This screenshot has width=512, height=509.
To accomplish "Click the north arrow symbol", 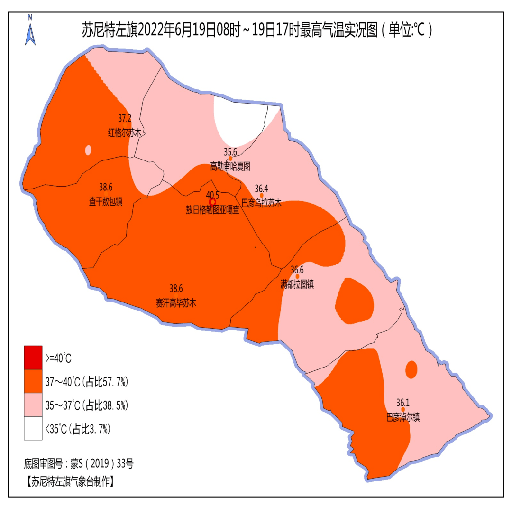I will pyautogui.click(x=30, y=30).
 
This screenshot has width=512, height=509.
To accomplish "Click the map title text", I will pyautogui.click(x=256, y=31).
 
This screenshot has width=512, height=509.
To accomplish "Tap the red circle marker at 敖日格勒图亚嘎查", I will pyautogui.click(x=213, y=202).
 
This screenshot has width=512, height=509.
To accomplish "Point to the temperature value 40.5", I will pyautogui.click(x=213, y=194).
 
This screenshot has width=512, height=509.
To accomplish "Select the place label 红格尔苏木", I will pyautogui.click(x=125, y=133).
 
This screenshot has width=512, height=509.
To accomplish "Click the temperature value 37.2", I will pyautogui.click(x=124, y=118).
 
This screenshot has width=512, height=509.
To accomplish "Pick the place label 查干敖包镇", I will pyautogui.click(x=105, y=202).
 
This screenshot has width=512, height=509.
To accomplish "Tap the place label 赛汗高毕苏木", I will pyautogui.click(x=176, y=302).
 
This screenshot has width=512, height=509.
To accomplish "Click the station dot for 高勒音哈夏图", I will pyautogui.click(x=230, y=159).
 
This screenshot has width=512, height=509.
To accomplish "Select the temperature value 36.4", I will pyautogui.click(x=262, y=188).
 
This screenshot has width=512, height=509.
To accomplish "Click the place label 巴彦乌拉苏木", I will pyautogui.click(x=262, y=203).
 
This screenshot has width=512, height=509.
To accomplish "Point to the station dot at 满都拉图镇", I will pyautogui.click(x=297, y=276).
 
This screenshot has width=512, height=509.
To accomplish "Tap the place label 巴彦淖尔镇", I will pyautogui.click(x=403, y=418).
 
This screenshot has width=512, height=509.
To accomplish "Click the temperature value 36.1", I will pyautogui.click(x=403, y=403).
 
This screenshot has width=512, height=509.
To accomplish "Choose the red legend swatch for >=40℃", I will pyautogui.click(x=33, y=357).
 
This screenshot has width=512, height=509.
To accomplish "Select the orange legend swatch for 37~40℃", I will pyautogui.click(x=33, y=381).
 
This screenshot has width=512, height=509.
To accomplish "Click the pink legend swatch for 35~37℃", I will pyautogui.click(x=33, y=405).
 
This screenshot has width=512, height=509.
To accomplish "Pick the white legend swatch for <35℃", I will pyautogui.click(x=33, y=429).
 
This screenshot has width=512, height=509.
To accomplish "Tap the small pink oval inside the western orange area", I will pyautogui.click(x=88, y=151).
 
